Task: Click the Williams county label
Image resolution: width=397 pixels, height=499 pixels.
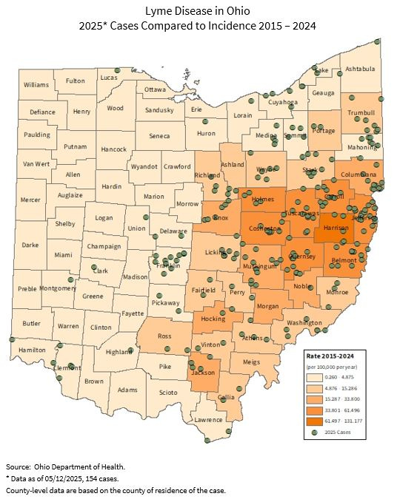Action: pos(36,85)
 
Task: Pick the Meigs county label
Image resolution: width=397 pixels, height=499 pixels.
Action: pos(251,362)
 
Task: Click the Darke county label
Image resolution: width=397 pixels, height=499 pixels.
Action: pos(30,245)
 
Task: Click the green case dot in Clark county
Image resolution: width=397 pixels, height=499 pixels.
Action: pos(94,267)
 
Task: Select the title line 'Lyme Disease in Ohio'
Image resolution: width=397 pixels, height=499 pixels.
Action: pos(198,11)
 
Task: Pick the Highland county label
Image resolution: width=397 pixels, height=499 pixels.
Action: pos(119,352)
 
